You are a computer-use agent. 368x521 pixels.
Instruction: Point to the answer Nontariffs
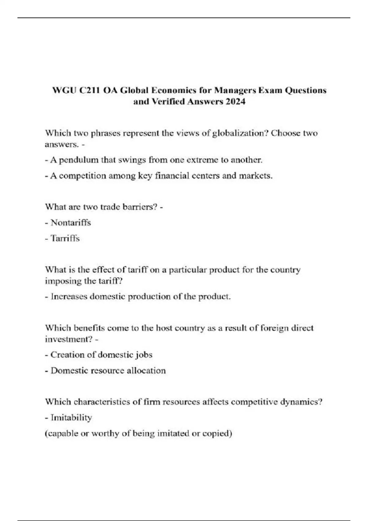point(71,222)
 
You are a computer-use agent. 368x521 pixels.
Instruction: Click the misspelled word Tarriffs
point(65,238)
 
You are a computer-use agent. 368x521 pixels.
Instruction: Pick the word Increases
point(69,297)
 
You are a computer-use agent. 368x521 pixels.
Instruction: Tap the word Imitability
point(71,418)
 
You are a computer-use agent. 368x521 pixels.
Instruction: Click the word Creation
point(67,355)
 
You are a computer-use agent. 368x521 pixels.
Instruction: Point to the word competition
point(82,176)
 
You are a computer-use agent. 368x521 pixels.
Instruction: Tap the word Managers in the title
point(235,90)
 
